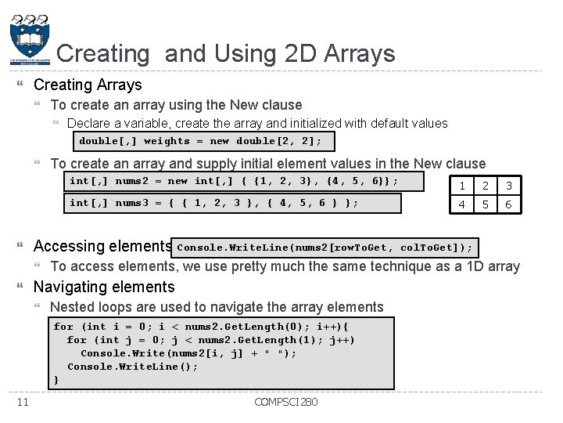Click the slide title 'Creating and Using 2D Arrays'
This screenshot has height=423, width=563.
tap(226, 53)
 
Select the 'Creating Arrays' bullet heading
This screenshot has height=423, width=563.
tap(88, 85)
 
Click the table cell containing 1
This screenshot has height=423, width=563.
tap(463, 186)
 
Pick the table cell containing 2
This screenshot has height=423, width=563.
tap(486, 186)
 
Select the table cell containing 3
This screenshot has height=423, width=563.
tap(508, 186)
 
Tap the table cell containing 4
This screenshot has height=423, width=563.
tap(463, 204)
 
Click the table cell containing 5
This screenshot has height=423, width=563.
tap(486, 204)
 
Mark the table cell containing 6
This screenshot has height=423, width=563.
tap(508, 204)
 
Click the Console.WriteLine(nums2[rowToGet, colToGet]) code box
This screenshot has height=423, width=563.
tap(325, 248)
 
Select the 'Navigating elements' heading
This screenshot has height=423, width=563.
tap(104, 287)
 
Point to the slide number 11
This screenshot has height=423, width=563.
tap(22, 402)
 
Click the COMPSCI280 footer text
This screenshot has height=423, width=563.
tap(285, 403)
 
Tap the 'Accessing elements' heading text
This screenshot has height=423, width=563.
tap(102, 246)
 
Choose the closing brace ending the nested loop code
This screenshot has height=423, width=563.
tap(56, 380)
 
